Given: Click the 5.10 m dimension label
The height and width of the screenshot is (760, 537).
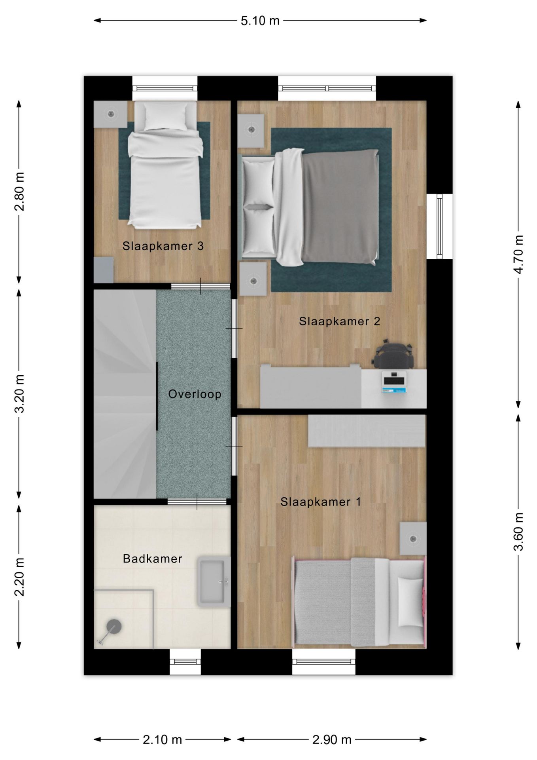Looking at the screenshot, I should point(260,21).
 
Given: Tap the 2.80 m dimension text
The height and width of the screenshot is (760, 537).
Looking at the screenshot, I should point(19,192).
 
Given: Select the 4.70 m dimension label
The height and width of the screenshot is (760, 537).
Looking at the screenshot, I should point(518,254).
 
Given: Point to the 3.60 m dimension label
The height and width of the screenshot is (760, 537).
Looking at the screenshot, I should point(518,532).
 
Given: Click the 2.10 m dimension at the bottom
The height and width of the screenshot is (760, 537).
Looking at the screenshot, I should point(162,739).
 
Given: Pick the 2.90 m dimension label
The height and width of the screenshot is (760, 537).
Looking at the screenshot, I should point(332,739).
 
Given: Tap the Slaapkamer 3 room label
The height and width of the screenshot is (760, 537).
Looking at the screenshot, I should point(163,246).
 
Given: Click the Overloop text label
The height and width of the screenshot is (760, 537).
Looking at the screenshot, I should point(195,394).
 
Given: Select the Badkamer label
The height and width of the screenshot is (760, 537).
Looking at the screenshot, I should point(153,559).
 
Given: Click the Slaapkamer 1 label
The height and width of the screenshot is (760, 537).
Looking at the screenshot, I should point(321,502).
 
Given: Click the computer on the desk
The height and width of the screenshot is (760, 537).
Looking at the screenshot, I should point(394,382).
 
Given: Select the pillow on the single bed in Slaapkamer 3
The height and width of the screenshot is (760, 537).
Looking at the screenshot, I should point(165,117).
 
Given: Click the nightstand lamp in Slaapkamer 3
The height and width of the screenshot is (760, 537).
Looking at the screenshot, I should point(110,114).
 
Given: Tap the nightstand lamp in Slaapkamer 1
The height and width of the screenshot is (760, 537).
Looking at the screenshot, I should point(413,538).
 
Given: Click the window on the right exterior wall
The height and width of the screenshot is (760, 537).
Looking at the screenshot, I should point(439,226).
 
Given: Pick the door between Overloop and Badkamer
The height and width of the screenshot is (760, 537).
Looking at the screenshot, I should point(197,502).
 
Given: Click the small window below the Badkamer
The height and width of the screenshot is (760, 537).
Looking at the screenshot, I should point(185,662).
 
